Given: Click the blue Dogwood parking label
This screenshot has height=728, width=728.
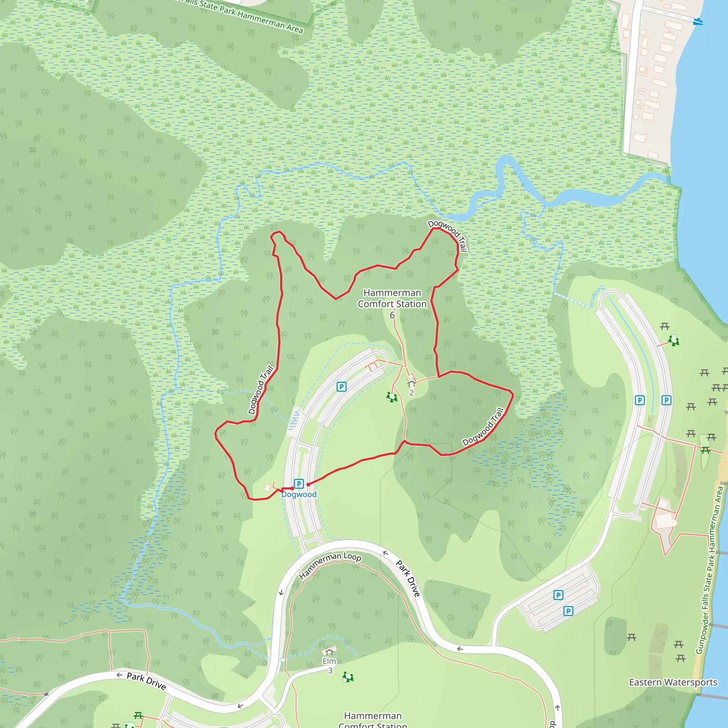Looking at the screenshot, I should pos(299,494).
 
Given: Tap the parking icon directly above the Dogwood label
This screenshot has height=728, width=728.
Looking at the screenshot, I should pos(299,483).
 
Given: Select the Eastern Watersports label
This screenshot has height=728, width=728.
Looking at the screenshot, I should pos(673,682).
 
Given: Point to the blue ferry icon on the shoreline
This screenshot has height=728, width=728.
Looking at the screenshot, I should pos(698,21).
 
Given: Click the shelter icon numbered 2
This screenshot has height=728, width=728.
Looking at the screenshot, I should pos(411,383).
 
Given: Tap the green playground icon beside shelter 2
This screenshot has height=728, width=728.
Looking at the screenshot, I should pos(391,397).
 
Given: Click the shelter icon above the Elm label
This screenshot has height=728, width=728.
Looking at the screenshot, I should pos(329,651).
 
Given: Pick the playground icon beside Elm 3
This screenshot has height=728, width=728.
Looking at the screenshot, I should pos(348,677).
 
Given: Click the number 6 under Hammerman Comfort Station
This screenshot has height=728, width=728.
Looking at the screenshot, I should pos(392,315).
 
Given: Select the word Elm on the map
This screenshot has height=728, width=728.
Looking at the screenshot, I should pos(329,661).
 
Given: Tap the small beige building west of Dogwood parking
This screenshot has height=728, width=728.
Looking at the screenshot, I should pos(267,488).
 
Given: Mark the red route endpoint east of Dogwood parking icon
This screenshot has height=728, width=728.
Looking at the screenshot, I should pos(308,485).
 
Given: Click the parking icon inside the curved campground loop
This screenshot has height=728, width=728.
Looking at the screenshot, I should pos(341,387).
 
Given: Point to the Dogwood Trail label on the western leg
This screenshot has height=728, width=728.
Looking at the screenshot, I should pos(261,390).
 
